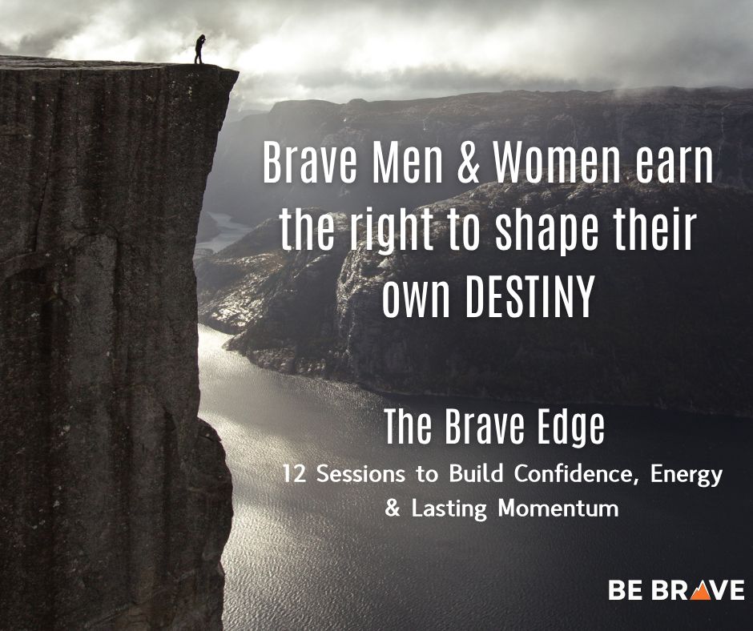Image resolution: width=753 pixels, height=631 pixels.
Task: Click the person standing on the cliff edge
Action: (x=199, y=50)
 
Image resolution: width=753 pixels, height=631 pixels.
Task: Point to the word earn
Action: (x=673, y=166)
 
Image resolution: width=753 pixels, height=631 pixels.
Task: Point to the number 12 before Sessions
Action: (x=294, y=474)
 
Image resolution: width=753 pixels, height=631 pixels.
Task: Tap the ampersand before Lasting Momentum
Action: (x=393, y=508)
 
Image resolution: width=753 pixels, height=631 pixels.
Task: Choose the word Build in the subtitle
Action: (x=468, y=474)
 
